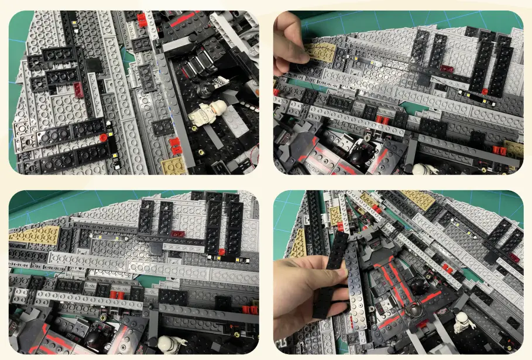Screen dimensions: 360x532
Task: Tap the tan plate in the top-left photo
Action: pyautogui.click(x=173, y=166)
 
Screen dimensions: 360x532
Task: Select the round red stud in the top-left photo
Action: pyautogui.click(x=103, y=138)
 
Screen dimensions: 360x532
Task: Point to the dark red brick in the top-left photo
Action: pyautogui.click(x=78, y=89)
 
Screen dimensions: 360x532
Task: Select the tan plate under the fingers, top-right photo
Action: pyautogui.click(x=321, y=52)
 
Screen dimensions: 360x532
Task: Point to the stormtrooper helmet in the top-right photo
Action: pyautogui.click(x=419, y=169)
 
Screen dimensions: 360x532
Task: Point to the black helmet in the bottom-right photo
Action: pyautogui.click(x=417, y=285)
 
